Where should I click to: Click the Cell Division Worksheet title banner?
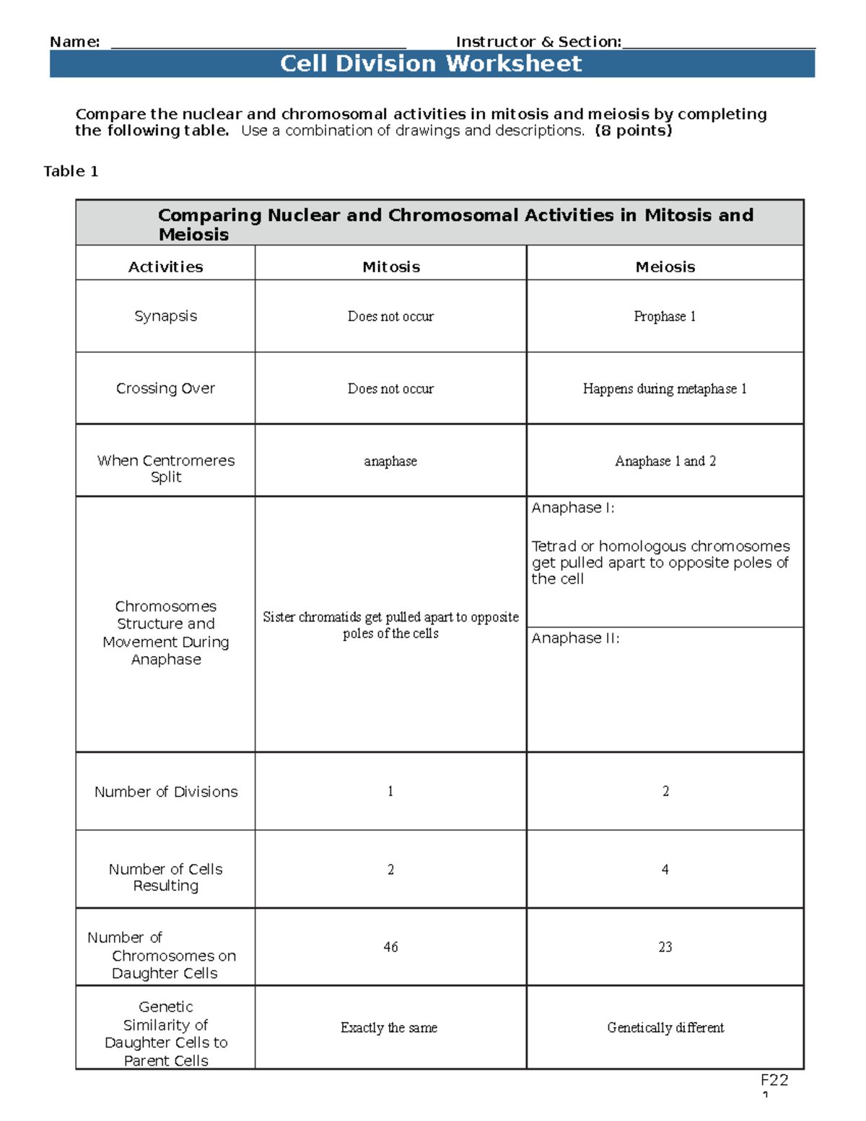pyautogui.click(x=431, y=64)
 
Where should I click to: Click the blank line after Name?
pyautogui.click(x=258, y=43)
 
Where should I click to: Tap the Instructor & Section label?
pyautogui.click(x=538, y=42)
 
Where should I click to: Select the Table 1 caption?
pyautogui.click(x=71, y=171)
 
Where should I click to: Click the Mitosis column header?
pyautogui.click(x=390, y=267)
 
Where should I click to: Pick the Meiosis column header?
pyautogui.click(x=665, y=267)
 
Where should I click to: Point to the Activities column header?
pyautogui.click(x=165, y=267)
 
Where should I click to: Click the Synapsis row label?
pyautogui.click(x=165, y=316)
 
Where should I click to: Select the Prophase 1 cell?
pyautogui.click(x=665, y=316)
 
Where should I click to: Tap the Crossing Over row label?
pyautogui.click(x=165, y=388)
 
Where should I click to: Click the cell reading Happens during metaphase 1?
pyautogui.click(x=665, y=388)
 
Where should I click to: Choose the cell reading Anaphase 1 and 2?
pyautogui.click(x=665, y=461)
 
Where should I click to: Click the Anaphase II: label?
pyautogui.click(x=575, y=638)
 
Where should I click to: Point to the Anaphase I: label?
pyautogui.click(x=573, y=508)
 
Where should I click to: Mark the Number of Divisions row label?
pyautogui.click(x=165, y=792)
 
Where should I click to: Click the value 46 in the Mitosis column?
pyautogui.click(x=390, y=947)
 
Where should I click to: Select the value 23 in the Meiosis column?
pyautogui.click(x=665, y=947)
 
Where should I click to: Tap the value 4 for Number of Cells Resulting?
pyautogui.click(x=665, y=870)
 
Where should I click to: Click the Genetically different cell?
pyautogui.click(x=665, y=1028)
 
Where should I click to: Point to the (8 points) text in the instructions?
pyautogui.click(x=633, y=131)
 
